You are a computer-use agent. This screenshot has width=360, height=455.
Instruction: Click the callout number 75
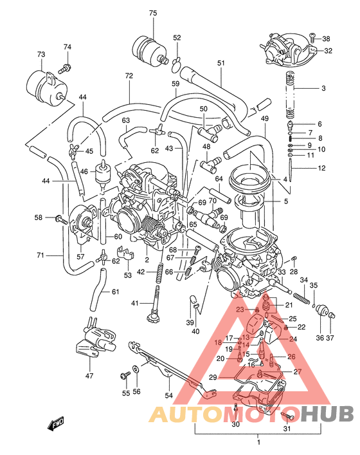[152, 13]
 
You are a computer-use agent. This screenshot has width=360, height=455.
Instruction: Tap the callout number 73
[41, 54]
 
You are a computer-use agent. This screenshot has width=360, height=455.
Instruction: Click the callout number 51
[221, 63]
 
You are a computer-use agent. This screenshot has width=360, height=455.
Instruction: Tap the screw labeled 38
[312, 38]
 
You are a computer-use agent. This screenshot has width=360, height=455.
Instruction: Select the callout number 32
[328, 50]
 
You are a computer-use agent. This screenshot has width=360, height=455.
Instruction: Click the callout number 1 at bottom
[258, 441]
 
